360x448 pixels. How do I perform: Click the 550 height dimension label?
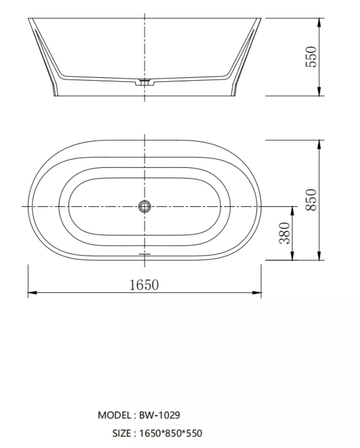point(311,57)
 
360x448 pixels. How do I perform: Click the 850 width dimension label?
point(311,200)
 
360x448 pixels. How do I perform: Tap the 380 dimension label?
point(285,233)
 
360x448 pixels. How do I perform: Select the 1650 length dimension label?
point(144,285)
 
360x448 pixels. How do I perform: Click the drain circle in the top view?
point(145,206)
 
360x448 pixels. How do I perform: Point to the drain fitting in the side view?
point(145,82)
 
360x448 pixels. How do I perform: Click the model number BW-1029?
point(159,415)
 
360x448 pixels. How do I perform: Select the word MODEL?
point(114,415)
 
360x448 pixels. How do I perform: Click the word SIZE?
point(122,433)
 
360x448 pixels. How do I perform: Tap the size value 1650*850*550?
point(171,433)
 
